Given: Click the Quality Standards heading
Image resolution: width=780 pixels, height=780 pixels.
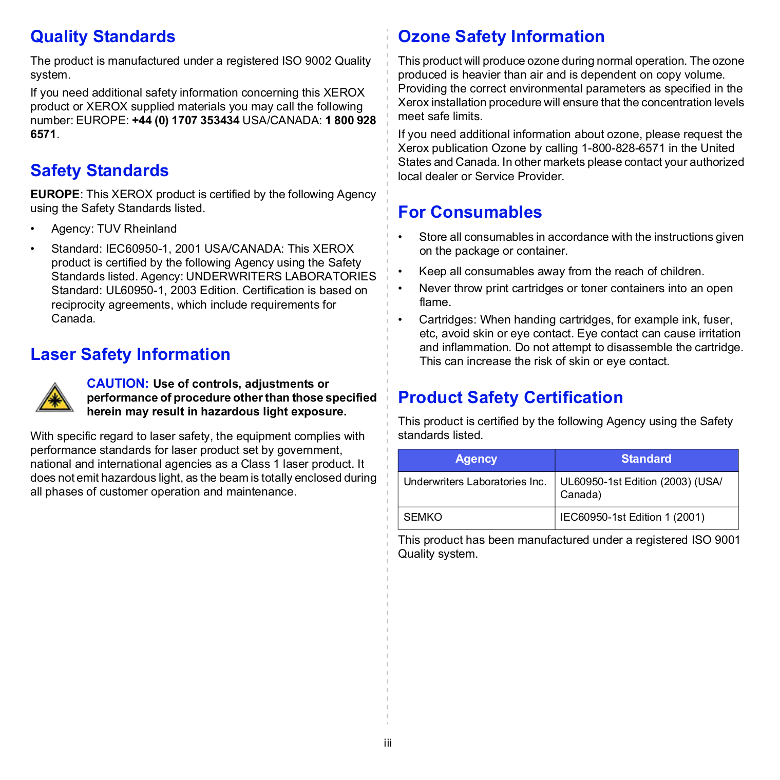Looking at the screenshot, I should [x=103, y=37].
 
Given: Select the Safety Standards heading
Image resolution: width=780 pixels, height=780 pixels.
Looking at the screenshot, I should [x=99, y=170].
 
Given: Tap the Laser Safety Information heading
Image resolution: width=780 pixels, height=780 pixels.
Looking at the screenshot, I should [x=130, y=354].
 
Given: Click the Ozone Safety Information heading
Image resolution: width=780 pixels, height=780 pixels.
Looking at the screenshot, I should [x=501, y=37].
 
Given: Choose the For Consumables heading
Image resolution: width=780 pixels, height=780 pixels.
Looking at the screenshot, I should [x=469, y=212].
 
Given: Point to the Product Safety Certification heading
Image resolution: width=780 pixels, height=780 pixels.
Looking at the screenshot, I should [x=510, y=397].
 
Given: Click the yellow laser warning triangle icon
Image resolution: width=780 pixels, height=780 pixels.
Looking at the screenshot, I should [x=54, y=398].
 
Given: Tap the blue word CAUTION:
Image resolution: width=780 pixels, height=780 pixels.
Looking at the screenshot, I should [x=118, y=384].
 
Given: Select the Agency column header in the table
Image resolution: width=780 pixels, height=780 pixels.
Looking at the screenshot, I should [x=476, y=459].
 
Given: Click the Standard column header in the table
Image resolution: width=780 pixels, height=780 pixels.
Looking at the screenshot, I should [x=646, y=459].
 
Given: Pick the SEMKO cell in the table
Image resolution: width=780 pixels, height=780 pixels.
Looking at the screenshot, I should [x=423, y=517].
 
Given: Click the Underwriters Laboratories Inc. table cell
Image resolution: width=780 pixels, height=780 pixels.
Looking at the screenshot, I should [x=474, y=482].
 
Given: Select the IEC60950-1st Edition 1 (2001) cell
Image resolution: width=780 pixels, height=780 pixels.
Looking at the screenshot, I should [x=632, y=517].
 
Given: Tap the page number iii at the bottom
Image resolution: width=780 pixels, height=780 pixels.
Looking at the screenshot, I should [x=388, y=743].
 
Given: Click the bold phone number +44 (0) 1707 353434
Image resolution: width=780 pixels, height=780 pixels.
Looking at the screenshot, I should [x=185, y=121].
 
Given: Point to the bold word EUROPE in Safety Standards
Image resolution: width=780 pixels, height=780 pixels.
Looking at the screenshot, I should [x=54, y=195].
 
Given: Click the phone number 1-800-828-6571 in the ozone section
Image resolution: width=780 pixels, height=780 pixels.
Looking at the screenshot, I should [x=622, y=148].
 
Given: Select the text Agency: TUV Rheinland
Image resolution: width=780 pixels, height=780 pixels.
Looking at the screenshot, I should [x=113, y=229].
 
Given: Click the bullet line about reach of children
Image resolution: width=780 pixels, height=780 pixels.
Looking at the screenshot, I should [x=561, y=272].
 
